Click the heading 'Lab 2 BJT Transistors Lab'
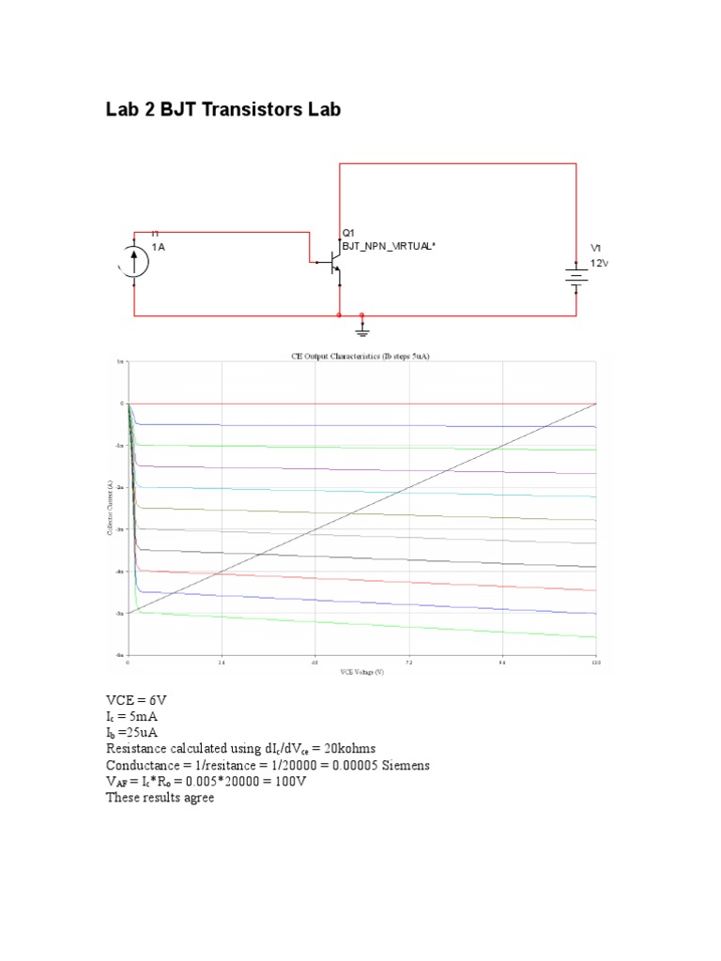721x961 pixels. pyautogui.click(x=223, y=111)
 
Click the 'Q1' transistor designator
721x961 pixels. pyautogui.click(x=348, y=233)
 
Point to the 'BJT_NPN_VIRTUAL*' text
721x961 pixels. pyautogui.click(x=389, y=246)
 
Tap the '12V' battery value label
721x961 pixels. pyautogui.click(x=599, y=263)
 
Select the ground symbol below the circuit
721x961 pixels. pyautogui.click(x=363, y=328)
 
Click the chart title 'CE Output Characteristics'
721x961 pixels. pyautogui.click(x=361, y=357)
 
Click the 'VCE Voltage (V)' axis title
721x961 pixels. pyautogui.click(x=361, y=672)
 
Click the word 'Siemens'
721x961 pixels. pyautogui.click(x=402, y=766)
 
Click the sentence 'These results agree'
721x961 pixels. pyautogui.click(x=160, y=799)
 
